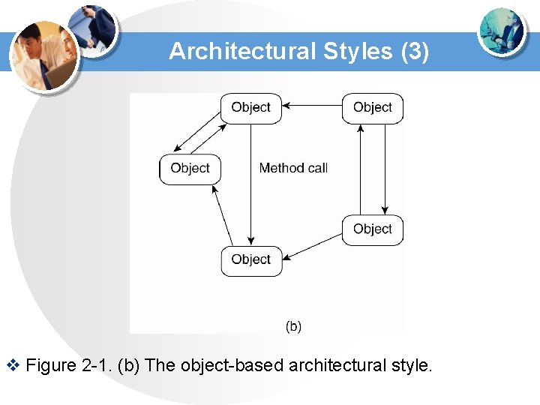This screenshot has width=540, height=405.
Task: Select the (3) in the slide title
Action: click(x=415, y=51)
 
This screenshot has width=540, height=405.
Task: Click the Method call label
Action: click(x=293, y=168)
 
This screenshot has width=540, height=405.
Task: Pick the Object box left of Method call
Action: click(x=190, y=168)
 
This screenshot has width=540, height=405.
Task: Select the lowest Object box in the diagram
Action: click(x=250, y=259)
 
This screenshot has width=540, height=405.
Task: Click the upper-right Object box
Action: click(x=373, y=107)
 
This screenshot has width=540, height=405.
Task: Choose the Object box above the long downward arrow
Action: click(x=250, y=107)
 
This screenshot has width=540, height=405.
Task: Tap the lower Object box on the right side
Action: click(x=373, y=229)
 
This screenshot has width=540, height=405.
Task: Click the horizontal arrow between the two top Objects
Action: click(x=312, y=107)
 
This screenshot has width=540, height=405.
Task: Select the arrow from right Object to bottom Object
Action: click(x=313, y=246)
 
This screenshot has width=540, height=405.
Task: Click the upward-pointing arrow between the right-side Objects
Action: click(x=361, y=169)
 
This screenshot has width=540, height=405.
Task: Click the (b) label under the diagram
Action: click(x=294, y=326)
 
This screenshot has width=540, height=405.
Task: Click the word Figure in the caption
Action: click(x=50, y=366)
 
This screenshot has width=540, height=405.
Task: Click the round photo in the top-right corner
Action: click(x=502, y=34)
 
